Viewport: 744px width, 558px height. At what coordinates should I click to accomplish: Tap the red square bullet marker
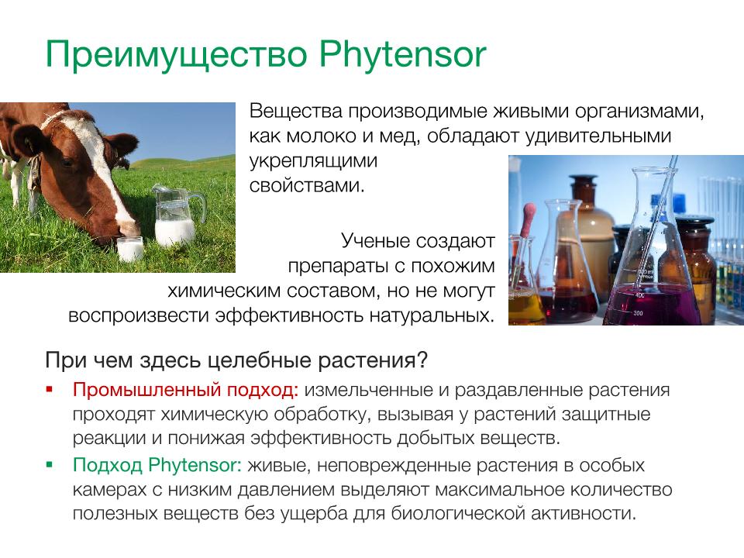(x=50, y=390)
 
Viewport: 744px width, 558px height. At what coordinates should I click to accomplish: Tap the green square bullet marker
(x=50, y=464)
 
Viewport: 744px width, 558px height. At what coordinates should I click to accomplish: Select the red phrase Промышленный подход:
(x=185, y=390)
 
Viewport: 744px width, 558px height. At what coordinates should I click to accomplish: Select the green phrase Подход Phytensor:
(x=157, y=465)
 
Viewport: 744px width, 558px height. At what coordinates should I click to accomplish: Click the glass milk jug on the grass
(x=177, y=216)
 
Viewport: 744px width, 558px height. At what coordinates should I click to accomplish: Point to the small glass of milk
(x=130, y=249)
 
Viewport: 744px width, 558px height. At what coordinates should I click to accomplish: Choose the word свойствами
(x=307, y=185)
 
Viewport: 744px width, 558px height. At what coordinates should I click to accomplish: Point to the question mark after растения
(x=422, y=360)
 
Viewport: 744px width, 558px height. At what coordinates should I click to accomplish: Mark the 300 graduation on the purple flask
(x=638, y=313)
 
